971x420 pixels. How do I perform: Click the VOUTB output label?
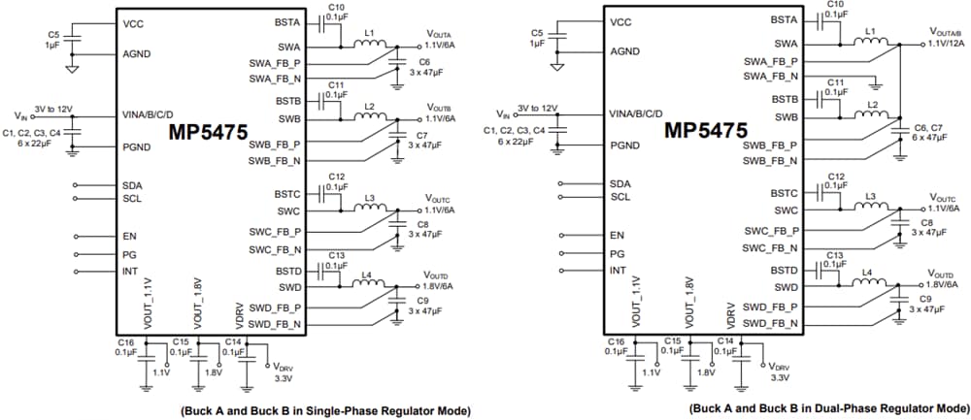439,107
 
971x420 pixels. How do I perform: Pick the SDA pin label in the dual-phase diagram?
619,184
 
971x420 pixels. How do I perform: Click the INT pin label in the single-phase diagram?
130,272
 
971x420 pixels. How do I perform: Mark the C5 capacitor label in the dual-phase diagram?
536,33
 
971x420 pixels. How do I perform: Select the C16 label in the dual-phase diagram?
616,342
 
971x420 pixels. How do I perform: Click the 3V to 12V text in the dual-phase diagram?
538,108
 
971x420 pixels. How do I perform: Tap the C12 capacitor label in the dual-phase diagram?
833,177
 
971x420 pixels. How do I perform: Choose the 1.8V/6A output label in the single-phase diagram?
444,286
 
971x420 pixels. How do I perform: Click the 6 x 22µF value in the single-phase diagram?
39,141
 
